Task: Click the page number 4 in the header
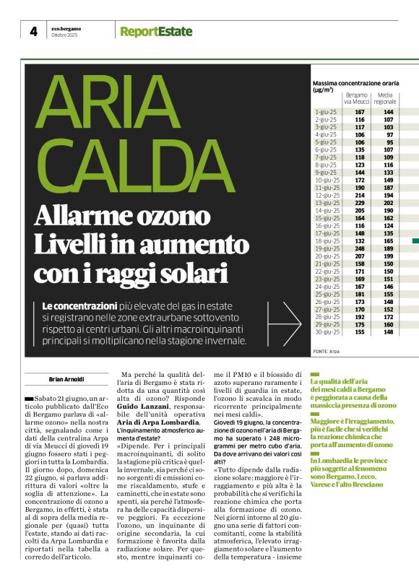point(33,32)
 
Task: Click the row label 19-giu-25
point(327,248)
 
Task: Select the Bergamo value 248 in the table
point(360,248)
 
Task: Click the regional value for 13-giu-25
point(389,203)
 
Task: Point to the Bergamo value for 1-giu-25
point(360,112)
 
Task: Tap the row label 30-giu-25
point(327,332)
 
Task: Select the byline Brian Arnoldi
point(66,378)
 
